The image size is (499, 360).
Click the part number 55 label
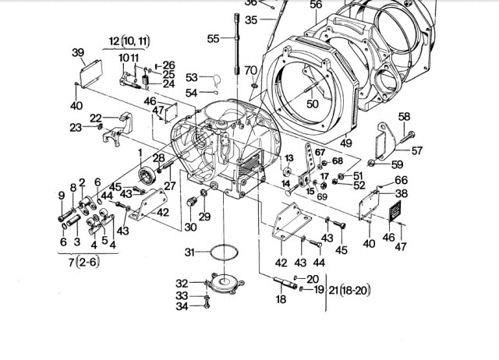tap(214, 37)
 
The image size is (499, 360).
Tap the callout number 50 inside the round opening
tap(312, 104)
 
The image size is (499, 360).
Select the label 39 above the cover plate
tap(78, 52)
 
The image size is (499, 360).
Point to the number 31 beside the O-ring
tap(189, 251)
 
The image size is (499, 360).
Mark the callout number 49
tap(345, 143)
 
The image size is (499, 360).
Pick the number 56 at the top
tap(316, 5)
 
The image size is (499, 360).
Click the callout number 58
tap(404, 116)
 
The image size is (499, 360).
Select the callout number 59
tap(398, 164)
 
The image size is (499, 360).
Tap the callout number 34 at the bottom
tap(181, 306)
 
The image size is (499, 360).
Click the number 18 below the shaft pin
tap(281, 299)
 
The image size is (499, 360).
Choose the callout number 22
tap(96, 118)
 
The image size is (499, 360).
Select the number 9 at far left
tap(62, 194)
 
